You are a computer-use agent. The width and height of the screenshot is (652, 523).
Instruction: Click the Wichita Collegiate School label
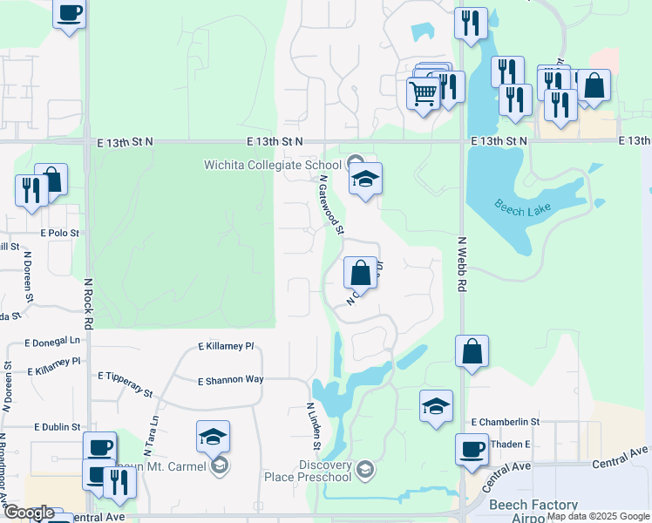273,165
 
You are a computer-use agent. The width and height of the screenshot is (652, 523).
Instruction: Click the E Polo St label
59,234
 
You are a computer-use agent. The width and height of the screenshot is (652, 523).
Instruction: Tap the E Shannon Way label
231,381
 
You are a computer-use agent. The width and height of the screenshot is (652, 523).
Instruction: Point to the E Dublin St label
58,427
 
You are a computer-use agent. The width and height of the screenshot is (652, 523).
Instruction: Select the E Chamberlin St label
506,422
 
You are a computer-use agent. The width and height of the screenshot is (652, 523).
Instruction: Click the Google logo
29,513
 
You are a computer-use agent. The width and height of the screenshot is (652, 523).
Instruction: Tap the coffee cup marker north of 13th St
70,13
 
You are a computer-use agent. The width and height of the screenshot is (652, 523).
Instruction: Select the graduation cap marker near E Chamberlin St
436,405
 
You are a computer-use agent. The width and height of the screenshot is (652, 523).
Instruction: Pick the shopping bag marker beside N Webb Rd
472,351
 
